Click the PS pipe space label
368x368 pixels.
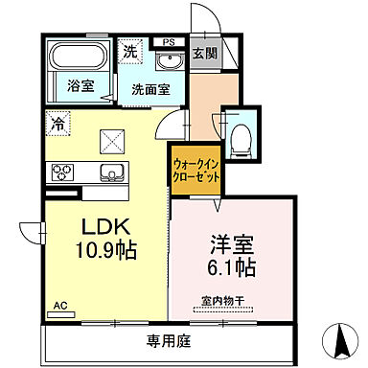(x=169, y=42)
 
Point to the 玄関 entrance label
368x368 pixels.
(x=202, y=54)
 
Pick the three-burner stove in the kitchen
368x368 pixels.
(x=63, y=173)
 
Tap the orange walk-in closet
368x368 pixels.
(x=196, y=170)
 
